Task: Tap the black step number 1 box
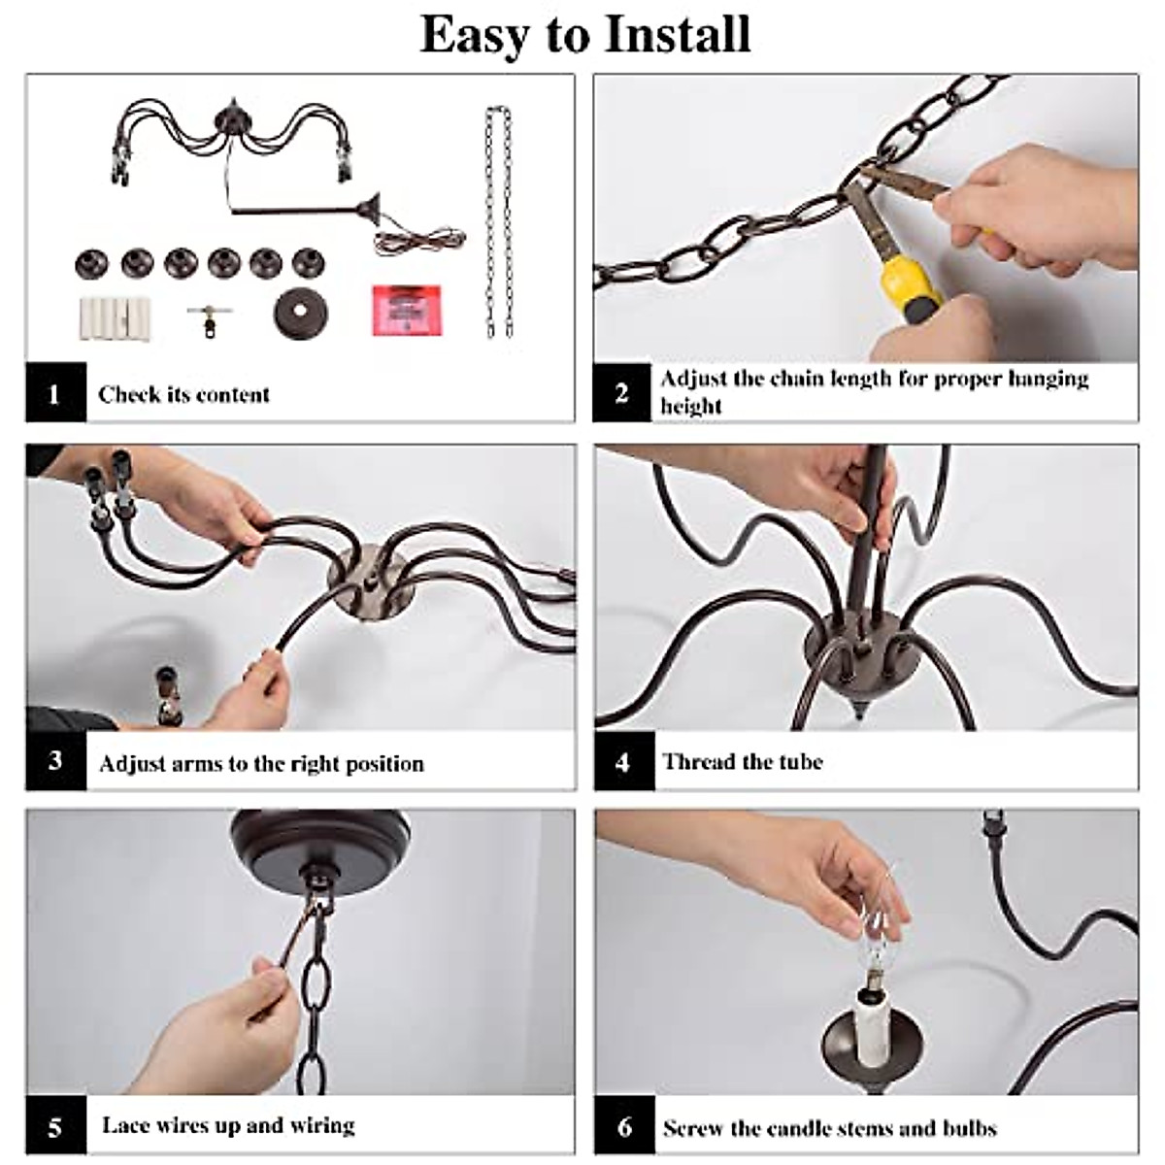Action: (55, 392)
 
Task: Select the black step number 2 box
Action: (621, 393)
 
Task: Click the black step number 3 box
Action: (55, 760)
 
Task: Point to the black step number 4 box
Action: (624, 761)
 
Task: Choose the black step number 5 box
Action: (55, 1126)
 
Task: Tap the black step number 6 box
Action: (624, 1126)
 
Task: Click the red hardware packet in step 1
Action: (406, 310)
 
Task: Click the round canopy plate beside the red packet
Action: (300, 313)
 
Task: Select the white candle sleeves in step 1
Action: (115, 318)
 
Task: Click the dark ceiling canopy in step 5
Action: (320, 847)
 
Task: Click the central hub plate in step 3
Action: (369, 582)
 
